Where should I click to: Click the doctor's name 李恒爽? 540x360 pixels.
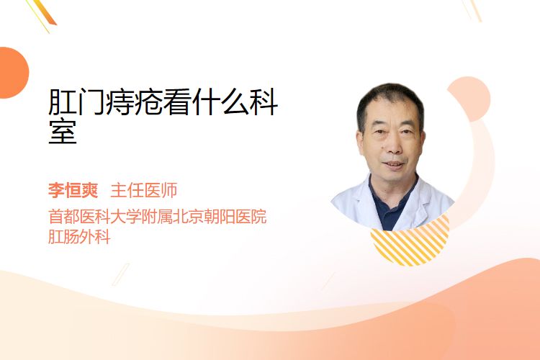(73, 190)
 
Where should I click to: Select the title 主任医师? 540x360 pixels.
(143, 190)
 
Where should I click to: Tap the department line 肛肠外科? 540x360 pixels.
(79, 237)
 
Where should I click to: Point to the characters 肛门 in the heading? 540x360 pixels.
(77, 102)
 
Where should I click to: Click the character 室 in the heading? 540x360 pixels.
(63, 131)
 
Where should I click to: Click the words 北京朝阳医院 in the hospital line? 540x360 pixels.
(220, 216)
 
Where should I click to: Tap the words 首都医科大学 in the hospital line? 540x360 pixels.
(95, 216)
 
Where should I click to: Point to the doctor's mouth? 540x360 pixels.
(393, 164)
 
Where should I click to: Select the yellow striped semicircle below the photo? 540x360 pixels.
(410, 245)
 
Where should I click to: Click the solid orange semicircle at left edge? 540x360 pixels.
(13, 73)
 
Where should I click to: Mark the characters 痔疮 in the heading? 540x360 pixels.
(135, 102)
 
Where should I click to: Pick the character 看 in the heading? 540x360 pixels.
(178, 102)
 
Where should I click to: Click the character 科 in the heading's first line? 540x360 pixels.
(264, 102)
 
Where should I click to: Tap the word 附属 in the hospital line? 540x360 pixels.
(157, 216)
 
